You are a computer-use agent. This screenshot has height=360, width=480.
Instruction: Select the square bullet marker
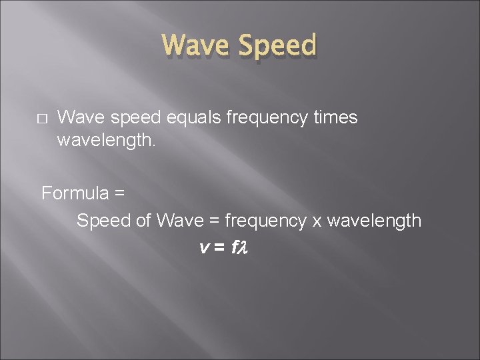coord(41,119)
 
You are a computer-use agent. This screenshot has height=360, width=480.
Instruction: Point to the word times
coord(335,118)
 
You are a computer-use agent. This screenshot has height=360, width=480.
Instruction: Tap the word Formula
coord(75,193)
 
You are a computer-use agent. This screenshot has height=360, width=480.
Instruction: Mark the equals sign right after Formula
coord(119,194)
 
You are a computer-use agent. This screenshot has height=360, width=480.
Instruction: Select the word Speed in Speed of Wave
coord(104,221)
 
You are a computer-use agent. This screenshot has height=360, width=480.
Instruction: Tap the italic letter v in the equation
coord(203,247)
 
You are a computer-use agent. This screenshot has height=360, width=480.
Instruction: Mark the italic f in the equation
coord(234,247)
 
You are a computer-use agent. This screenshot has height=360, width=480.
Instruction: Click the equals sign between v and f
coord(219,247)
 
